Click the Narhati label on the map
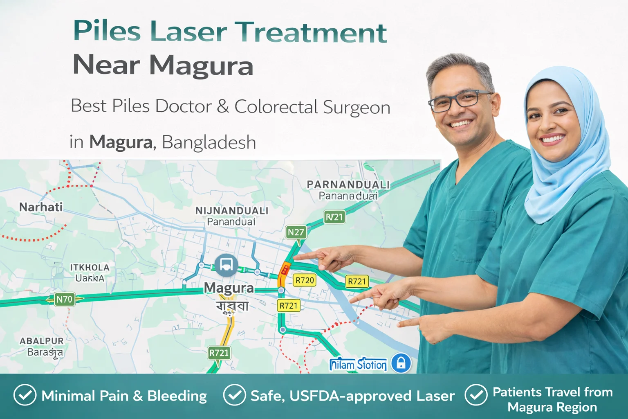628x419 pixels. (41, 207)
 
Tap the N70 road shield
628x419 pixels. (64, 299)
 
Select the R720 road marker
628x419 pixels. (305, 280)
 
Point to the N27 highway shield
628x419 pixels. (296, 232)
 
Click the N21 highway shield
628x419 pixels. (334, 217)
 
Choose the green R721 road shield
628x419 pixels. (219, 353)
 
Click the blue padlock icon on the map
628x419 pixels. (401, 363)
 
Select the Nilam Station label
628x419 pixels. (358, 364)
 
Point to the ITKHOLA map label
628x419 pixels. (90, 268)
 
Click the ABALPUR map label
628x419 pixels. (42, 341)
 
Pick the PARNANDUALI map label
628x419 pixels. (348, 185)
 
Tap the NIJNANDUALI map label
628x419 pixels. (232, 211)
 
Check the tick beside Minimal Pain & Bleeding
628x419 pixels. (25, 395)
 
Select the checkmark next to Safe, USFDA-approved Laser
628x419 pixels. (234, 395)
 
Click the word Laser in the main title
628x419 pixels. (188, 32)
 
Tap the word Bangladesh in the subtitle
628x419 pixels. (209, 142)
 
